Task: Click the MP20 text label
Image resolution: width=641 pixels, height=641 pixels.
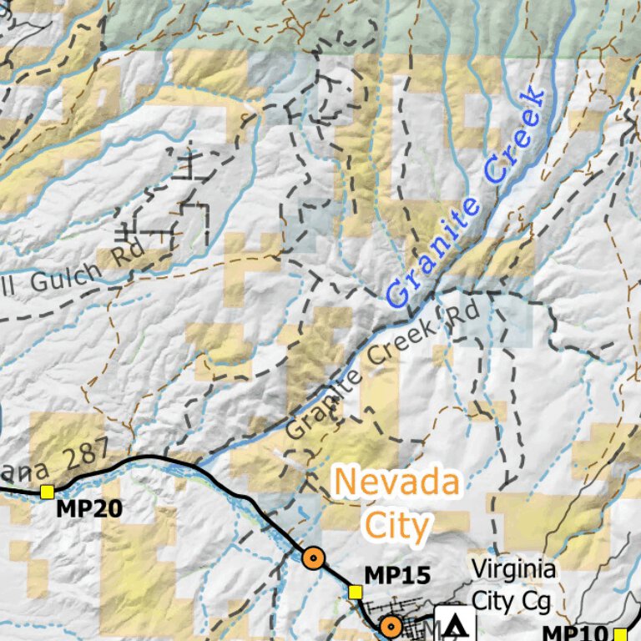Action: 89,508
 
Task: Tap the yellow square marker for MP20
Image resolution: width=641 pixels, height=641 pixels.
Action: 47,491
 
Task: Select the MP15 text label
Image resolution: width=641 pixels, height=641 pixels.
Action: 398,575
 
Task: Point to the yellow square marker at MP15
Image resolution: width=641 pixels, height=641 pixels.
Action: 355,592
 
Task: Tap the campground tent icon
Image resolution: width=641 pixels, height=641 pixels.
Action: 455,624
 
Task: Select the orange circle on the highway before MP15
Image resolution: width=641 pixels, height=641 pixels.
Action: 313,558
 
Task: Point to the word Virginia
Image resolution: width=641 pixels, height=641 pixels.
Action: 514,570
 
